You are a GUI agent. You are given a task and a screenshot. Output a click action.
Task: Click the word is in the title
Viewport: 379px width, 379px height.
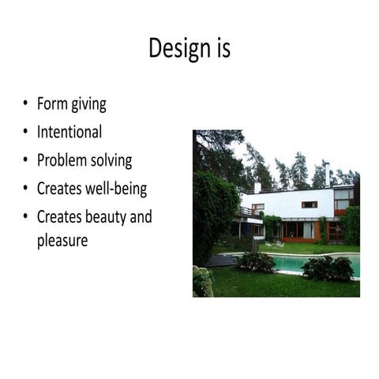click(x=221, y=49)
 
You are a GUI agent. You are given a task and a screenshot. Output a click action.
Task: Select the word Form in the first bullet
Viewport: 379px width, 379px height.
click(x=51, y=104)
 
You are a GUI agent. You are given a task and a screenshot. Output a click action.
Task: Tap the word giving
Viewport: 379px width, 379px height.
click(x=88, y=105)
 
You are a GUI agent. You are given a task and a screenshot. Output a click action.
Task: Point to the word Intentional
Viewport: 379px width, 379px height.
click(x=69, y=132)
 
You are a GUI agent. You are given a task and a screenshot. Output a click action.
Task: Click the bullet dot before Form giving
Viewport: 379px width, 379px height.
click(x=26, y=104)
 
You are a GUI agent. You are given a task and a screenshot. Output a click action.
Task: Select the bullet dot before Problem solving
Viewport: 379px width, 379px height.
click(x=26, y=160)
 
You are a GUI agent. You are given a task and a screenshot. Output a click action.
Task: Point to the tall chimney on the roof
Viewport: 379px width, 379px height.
click(x=325, y=174)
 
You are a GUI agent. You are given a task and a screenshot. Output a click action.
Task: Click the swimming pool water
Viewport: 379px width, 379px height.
click(x=316, y=262)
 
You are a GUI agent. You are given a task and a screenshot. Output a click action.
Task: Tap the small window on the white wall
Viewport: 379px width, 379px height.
click(x=309, y=205)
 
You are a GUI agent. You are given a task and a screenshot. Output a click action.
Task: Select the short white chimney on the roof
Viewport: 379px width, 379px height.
click(x=257, y=187)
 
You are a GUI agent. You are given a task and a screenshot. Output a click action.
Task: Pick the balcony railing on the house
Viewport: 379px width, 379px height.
click(x=250, y=212)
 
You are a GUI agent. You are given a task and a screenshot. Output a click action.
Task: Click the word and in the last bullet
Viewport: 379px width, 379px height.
click(x=141, y=216)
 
